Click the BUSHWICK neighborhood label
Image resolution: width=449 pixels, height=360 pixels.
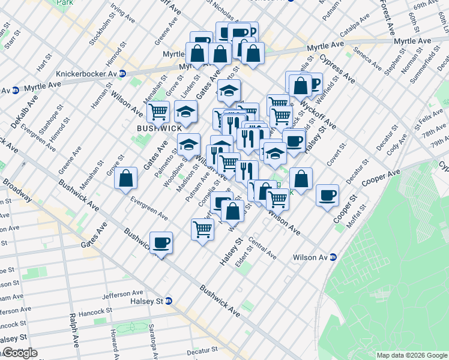(158, 128)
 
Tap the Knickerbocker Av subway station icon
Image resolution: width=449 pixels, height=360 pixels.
(122, 74)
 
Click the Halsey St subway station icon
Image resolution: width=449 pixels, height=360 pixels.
(169, 301)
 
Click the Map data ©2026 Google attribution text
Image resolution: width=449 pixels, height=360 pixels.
(412, 355)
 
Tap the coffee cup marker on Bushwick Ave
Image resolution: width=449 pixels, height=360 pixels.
(161, 243)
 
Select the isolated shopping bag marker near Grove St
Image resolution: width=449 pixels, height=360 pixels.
(125, 179)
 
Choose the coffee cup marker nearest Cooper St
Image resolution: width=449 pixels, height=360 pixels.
(328, 195)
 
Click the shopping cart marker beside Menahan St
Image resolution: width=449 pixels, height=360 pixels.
(158, 112)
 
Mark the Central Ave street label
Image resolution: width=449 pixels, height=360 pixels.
(262, 250)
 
